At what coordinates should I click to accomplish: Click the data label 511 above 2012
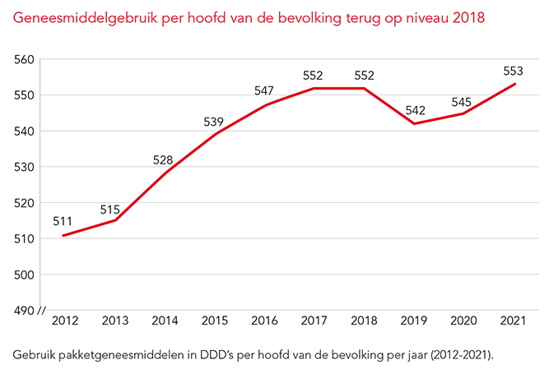point(63,220)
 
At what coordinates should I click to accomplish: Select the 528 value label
point(163,159)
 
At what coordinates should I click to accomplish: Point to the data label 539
point(213,122)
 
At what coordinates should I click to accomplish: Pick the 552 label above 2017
point(314,76)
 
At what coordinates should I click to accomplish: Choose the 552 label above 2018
point(364,76)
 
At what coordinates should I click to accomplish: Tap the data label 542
point(414,111)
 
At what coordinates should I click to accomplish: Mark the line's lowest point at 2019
point(414,123)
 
